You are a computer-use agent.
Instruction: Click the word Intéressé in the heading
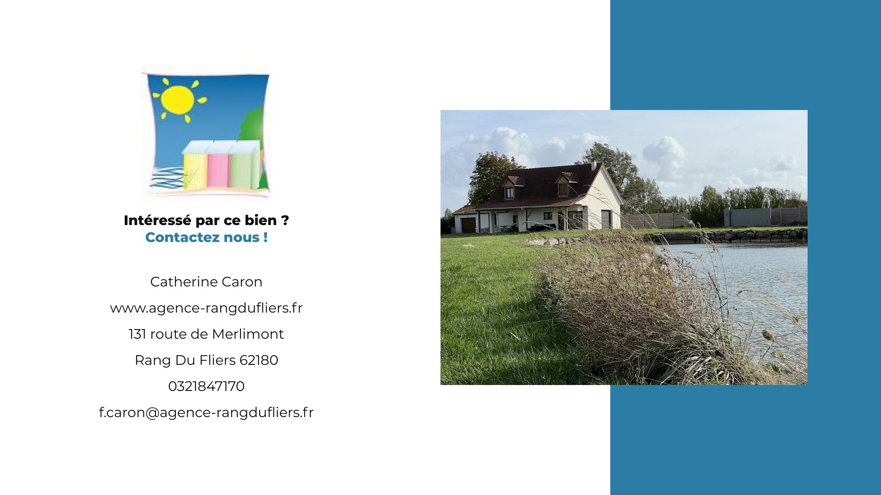point(157,220)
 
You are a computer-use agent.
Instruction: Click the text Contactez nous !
point(206,237)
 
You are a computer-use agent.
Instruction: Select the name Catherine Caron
point(206,282)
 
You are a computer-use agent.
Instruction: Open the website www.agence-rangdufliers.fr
point(206,308)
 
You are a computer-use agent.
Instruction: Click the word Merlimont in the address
point(248,334)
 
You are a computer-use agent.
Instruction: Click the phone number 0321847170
point(206,386)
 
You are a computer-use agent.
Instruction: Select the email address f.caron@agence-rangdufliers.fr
point(206,412)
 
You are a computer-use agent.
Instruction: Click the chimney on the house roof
point(593,165)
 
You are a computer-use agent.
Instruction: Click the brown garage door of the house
point(468,225)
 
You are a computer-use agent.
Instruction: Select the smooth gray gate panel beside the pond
point(750,217)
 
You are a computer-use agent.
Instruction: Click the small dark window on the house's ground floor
point(547,215)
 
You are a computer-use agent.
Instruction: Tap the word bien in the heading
point(261,220)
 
